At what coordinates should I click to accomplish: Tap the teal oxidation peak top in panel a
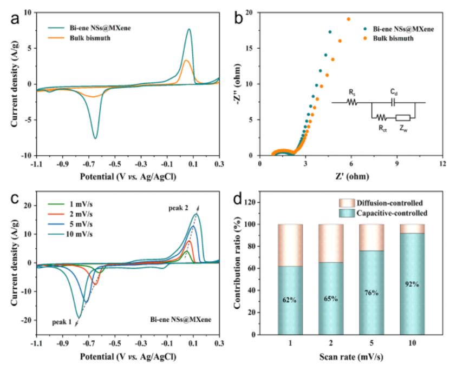[x=189, y=29]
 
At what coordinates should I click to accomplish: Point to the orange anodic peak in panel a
[x=186, y=61]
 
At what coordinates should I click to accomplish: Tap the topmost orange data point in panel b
[x=348, y=19]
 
